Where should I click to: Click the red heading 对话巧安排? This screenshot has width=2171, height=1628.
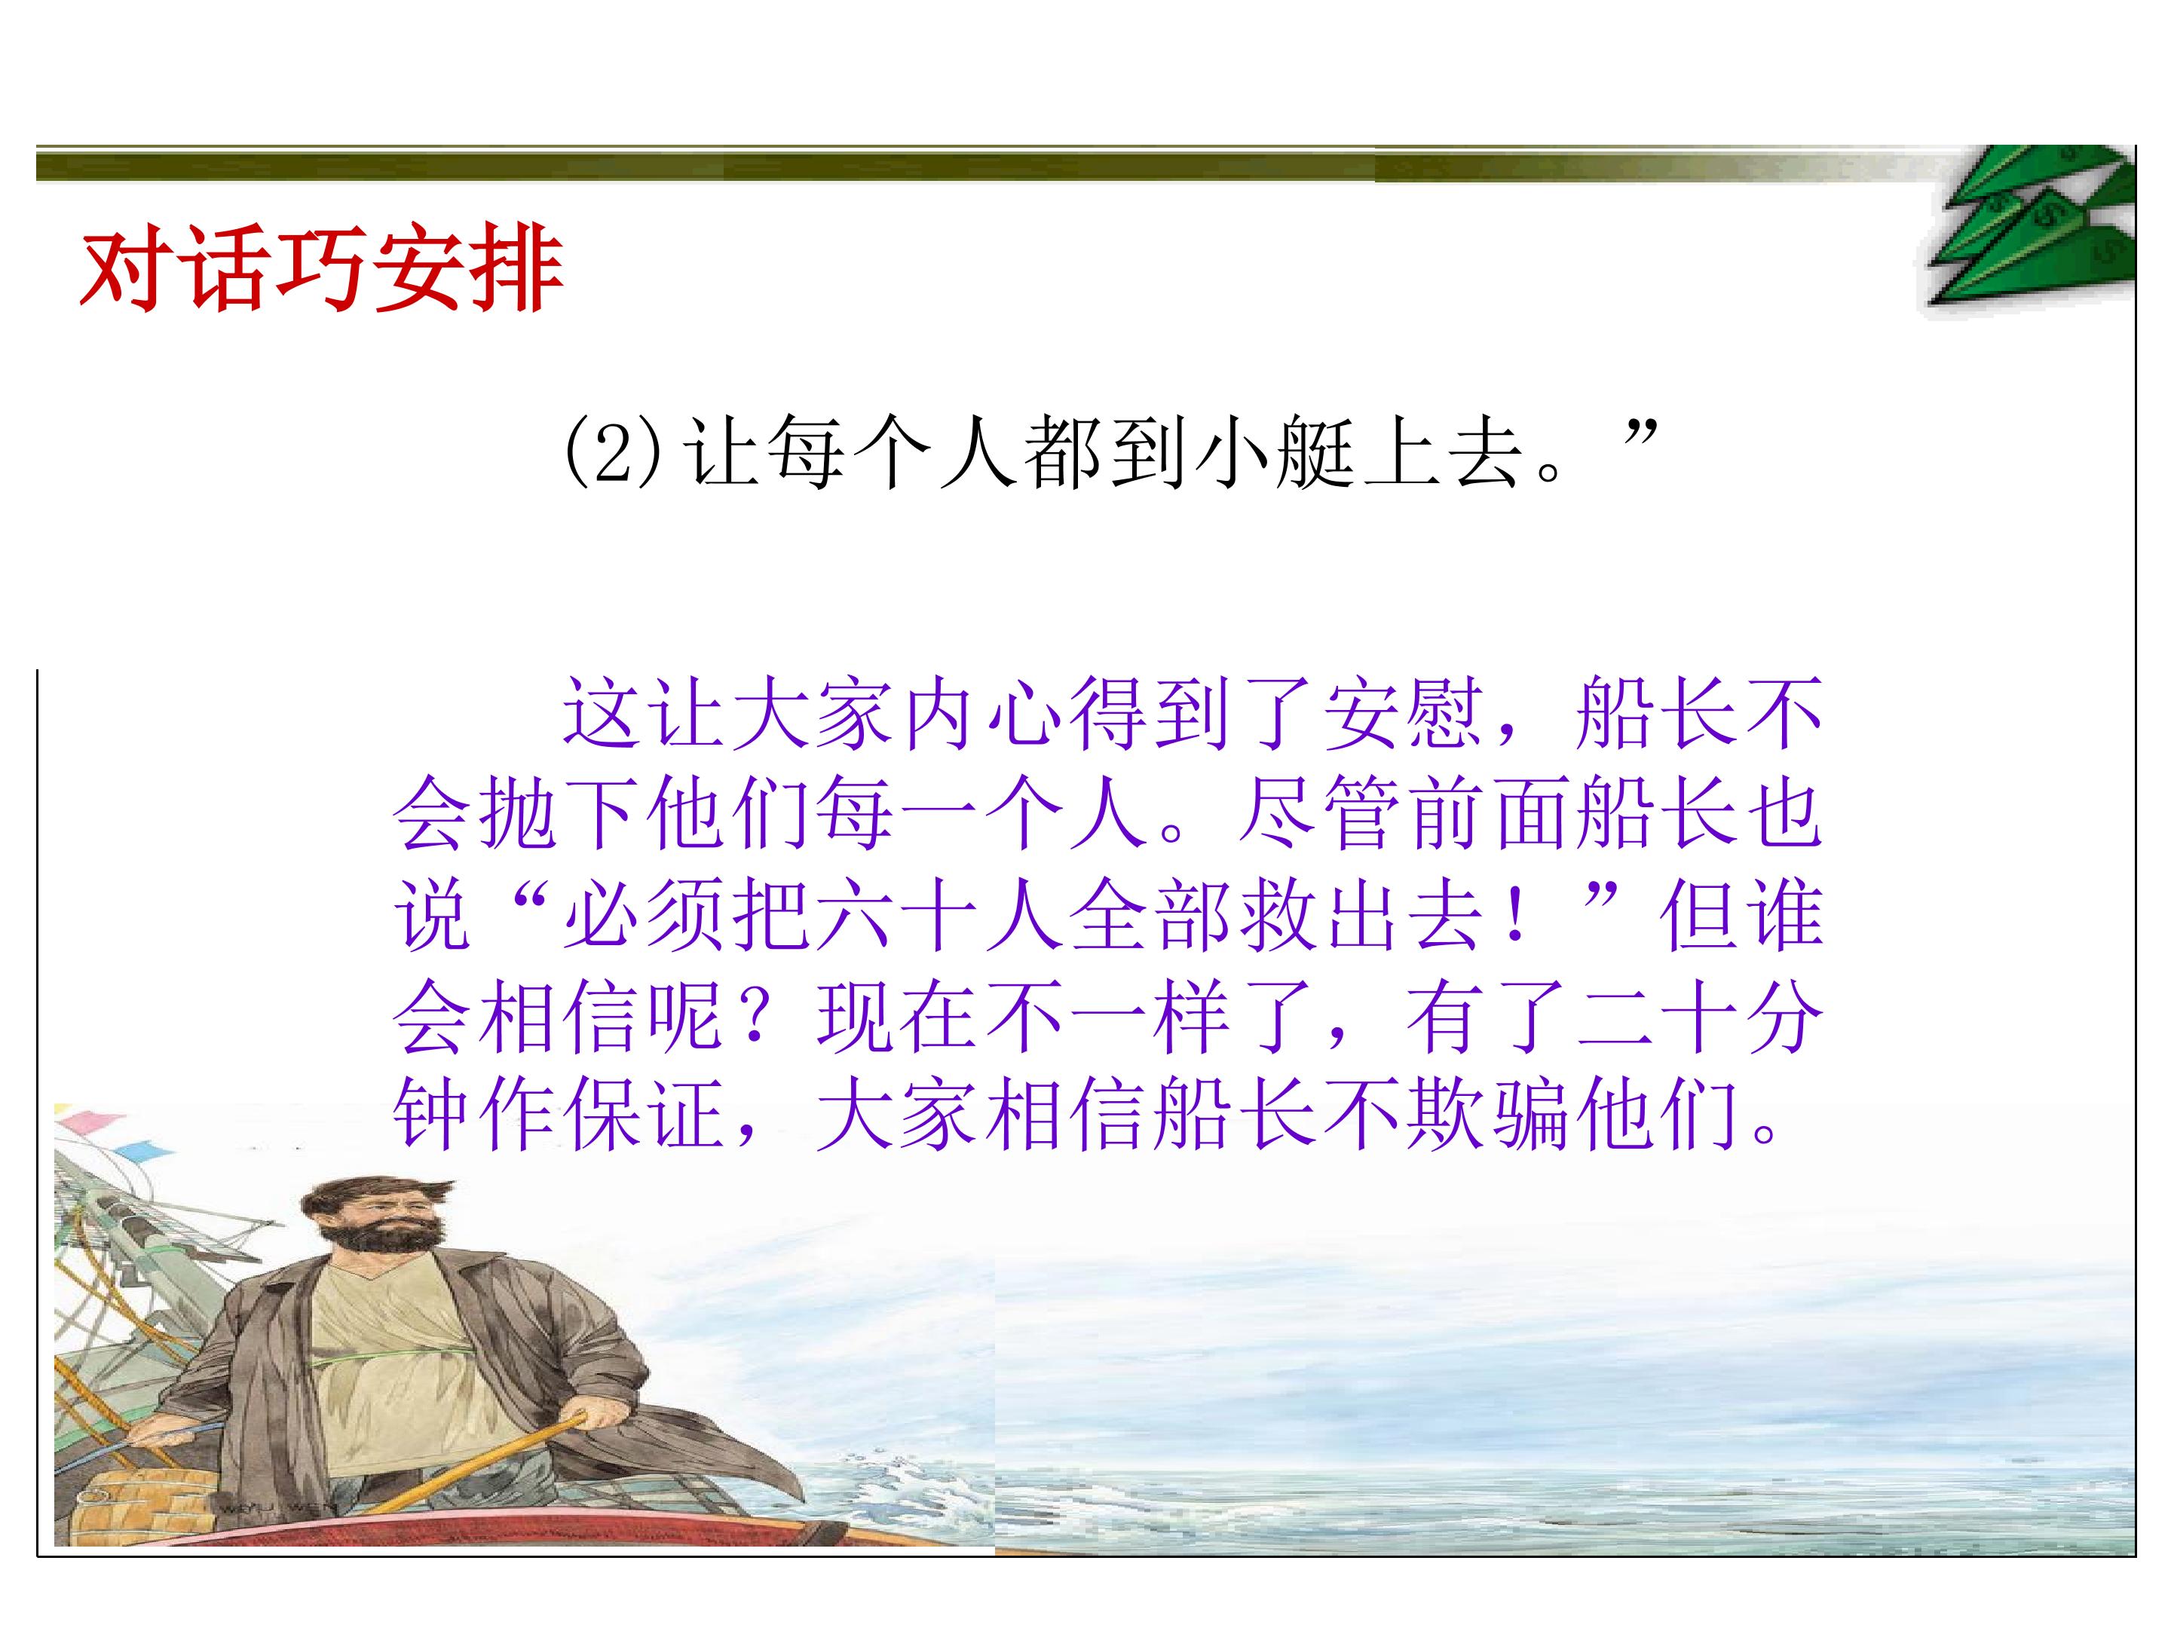tap(321, 268)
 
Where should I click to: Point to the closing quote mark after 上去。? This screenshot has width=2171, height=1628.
tap(1639, 432)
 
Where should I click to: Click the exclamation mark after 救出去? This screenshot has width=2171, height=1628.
tap(1517, 917)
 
